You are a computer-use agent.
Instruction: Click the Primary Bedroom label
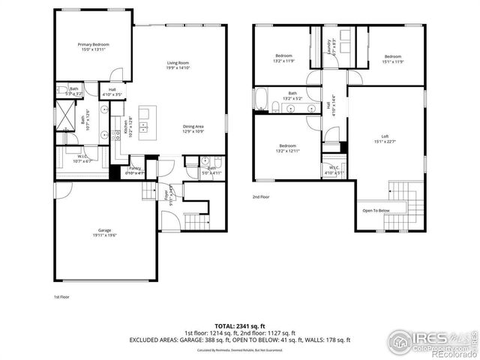tap(94, 47)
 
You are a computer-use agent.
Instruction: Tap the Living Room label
tap(178, 65)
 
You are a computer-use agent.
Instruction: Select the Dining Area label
tap(193, 128)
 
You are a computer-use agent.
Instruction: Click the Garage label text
tap(104, 232)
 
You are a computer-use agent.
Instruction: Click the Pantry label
tap(136, 169)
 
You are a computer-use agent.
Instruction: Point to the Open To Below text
tap(376, 211)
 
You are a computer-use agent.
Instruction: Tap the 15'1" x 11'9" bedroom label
tap(394, 58)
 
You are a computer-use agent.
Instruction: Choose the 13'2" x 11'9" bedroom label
tap(283, 58)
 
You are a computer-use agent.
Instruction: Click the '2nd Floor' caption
tap(261, 196)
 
